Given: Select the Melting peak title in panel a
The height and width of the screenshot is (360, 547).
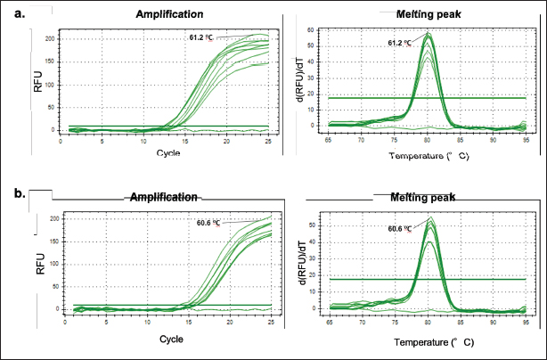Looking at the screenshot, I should (x=417, y=15).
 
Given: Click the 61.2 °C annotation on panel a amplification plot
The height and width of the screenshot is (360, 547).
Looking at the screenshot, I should (x=201, y=38).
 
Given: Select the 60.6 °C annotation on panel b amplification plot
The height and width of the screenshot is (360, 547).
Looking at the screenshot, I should (x=208, y=223).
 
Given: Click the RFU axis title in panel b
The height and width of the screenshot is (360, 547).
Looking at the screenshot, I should (x=40, y=265).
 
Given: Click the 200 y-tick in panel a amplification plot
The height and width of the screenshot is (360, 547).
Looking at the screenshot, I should (x=51, y=39).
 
